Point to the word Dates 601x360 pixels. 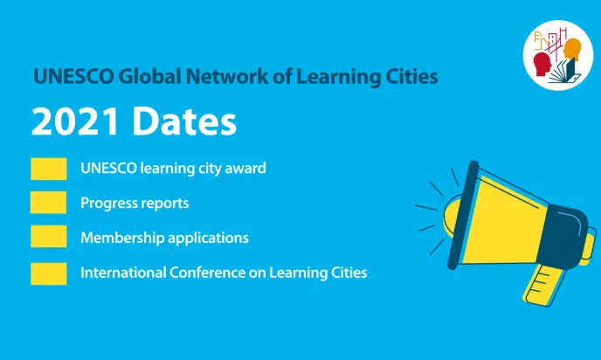pyautogui.click(x=187, y=121)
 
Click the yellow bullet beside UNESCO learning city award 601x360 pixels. pyautogui.click(x=48, y=169)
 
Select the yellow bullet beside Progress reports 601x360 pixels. pyautogui.click(x=48, y=203)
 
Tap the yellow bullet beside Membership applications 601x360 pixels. pyautogui.click(x=48, y=238)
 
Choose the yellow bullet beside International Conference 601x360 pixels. pyautogui.click(x=48, y=273)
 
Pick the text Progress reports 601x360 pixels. pyautogui.click(x=135, y=204)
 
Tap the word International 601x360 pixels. pyautogui.click(x=121, y=273)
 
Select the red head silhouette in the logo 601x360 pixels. pyautogui.click(x=542, y=65)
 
